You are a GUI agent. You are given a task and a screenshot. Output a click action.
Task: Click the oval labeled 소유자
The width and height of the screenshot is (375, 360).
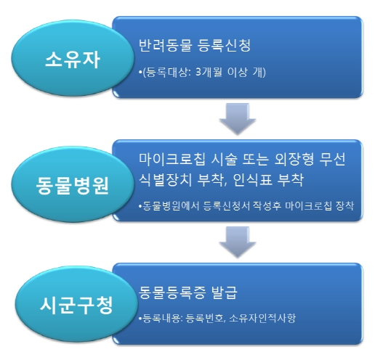[72, 58]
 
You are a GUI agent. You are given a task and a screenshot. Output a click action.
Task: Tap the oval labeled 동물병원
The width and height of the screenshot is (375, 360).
[72, 184]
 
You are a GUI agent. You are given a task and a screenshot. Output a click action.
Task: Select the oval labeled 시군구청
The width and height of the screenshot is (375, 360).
[76, 304]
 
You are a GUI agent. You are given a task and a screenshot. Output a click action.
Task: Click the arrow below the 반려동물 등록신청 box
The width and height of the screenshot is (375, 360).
[238, 118]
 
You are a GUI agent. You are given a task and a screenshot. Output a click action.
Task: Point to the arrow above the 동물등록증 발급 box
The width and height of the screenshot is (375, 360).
[238, 242]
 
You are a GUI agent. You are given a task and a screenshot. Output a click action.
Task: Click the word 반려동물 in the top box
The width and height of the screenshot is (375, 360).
[166, 45]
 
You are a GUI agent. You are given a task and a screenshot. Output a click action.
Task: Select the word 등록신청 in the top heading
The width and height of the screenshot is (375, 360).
[224, 45]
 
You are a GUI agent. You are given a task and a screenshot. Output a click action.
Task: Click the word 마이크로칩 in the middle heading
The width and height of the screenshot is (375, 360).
[172, 160]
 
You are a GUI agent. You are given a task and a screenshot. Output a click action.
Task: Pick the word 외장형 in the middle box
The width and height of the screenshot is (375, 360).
[294, 160]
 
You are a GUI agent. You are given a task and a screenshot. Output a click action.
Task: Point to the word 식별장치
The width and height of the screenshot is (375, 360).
[166, 180]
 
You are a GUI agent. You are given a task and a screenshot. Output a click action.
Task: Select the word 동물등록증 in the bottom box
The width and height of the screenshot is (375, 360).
[172, 292]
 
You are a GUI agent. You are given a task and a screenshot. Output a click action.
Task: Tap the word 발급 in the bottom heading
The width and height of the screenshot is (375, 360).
[224, 292]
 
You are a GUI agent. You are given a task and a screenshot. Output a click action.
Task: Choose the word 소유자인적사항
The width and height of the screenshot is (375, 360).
[262, 318]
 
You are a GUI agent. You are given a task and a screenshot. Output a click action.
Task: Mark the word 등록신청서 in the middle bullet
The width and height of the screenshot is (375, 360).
[227, 205]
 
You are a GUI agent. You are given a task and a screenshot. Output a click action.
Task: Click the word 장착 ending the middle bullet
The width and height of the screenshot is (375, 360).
[344, 205]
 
